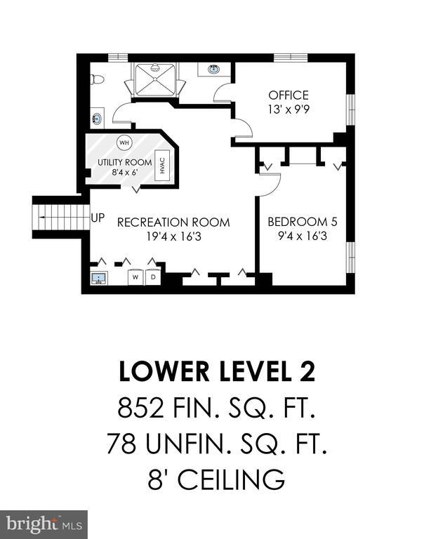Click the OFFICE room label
289,95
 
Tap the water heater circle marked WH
124,142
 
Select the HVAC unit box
163,165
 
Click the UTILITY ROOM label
124,162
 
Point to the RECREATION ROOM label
173,222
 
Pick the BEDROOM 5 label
303,222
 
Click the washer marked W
135,277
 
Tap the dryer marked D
153,277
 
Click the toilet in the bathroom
97,80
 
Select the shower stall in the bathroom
155,79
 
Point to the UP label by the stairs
98,218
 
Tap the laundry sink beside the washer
99,278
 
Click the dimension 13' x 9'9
289,109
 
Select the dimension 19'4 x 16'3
173,237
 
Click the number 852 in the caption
140,408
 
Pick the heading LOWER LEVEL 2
217,371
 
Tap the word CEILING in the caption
231,479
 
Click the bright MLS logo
44,524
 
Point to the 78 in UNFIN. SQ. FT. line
121,443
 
